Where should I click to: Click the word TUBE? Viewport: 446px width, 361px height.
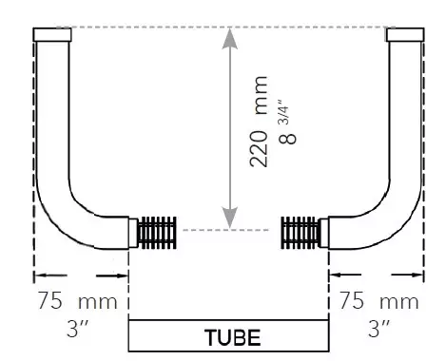233,337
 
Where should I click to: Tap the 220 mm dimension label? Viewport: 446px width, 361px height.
259,122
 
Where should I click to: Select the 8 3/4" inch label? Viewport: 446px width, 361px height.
287,123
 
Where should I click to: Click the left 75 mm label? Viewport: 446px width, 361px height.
78,300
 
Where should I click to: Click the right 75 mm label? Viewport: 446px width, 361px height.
379,300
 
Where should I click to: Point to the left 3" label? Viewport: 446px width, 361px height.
78,329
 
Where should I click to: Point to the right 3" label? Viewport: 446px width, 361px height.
379,329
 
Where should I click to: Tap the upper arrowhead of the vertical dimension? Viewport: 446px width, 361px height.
230,38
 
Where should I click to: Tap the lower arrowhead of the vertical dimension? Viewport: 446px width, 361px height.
230,218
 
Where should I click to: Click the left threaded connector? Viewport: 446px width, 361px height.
157,233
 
